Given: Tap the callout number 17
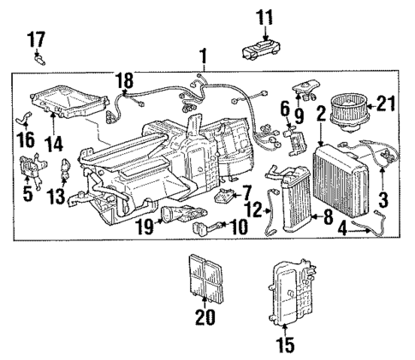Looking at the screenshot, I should click(37, 38).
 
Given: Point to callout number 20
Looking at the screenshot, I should click(203, 316).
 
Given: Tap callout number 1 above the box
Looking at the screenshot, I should click(203, 58).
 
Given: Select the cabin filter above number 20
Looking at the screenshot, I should click(205, 273).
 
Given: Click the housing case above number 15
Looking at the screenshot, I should click(291, 290).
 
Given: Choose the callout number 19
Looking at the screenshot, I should click(144, 227).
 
